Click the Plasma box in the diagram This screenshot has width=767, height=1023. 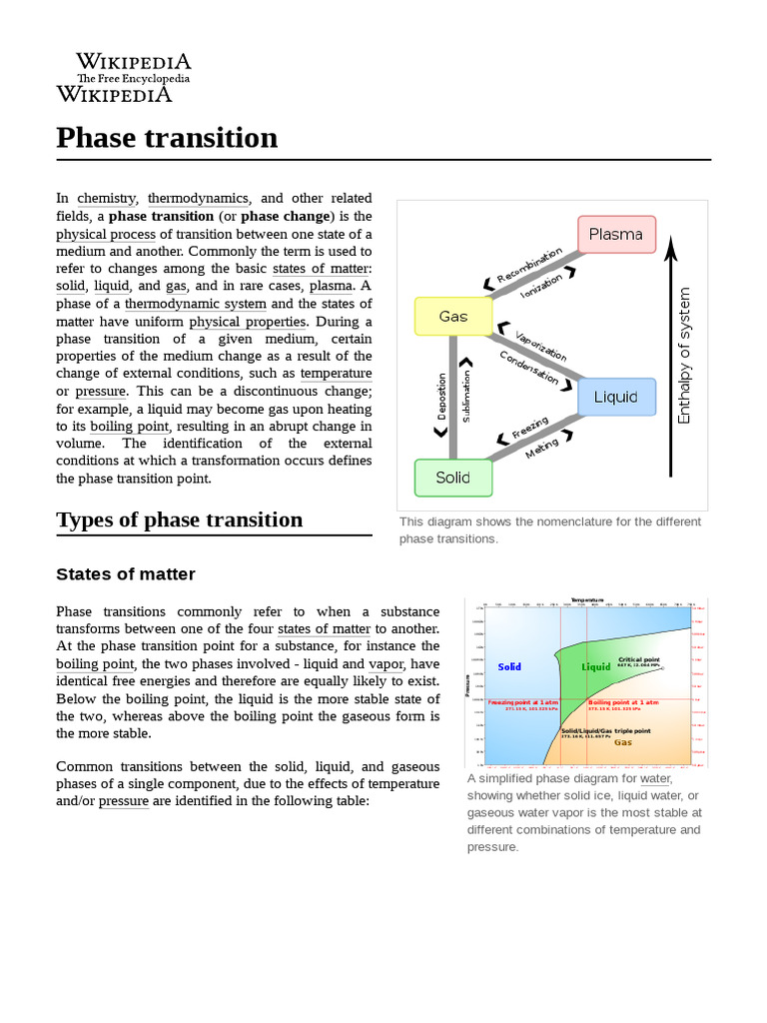point(616,235)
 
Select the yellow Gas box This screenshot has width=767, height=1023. point(453,317)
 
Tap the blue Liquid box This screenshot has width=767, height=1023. point(616,397)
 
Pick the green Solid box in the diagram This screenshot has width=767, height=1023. point(453,478)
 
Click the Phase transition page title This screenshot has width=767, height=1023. point(167,138)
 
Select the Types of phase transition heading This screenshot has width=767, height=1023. point(180,519)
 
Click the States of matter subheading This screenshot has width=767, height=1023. point(126,574)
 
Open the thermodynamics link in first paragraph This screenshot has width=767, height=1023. point(198,199)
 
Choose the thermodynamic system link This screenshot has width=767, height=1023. point(196,304)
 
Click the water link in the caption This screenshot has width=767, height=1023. point(655,778)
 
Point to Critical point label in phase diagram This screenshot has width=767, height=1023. point(639,660)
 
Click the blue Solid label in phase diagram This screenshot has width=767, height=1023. point(509,666)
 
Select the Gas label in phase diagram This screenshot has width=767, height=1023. point(622,742)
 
